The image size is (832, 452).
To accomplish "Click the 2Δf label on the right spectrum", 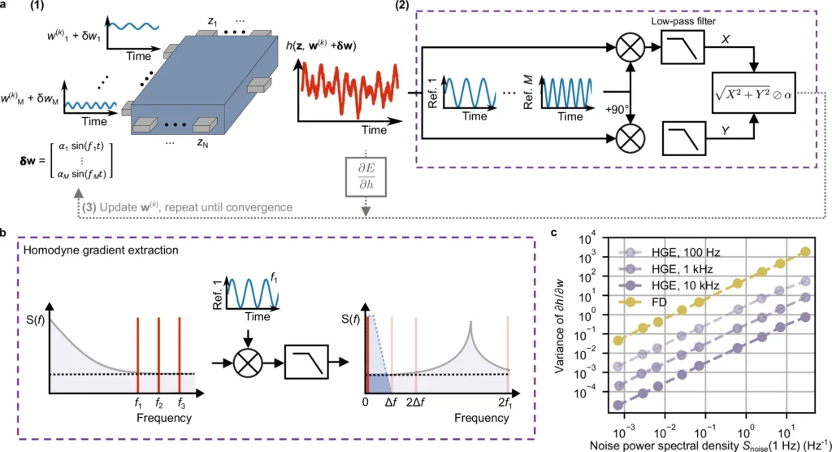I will pyautogui.click(x=416, y=401).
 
